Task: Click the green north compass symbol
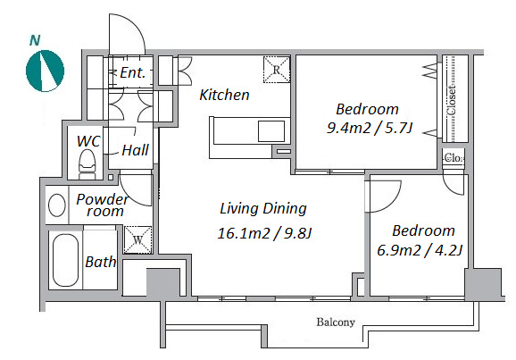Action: point(45,71)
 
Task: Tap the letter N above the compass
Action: point(35,40)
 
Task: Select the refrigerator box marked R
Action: point(277,70)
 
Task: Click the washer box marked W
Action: point(137,239)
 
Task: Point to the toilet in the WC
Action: point(87,164)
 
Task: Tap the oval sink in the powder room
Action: point(57,205)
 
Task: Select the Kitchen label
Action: point(224,95)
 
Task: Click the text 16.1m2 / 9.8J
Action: point(264,233)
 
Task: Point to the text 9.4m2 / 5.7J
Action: point(370,128)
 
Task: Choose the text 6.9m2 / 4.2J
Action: point(420,250)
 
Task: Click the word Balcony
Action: point(336,322)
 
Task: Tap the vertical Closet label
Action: point(452,100)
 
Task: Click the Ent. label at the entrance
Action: point(133,72)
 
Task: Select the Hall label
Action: point(136,150)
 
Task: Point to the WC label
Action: point(88,141)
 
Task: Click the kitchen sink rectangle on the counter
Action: point(271,131)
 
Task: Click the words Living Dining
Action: point(263,209)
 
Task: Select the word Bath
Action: point(100,262)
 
